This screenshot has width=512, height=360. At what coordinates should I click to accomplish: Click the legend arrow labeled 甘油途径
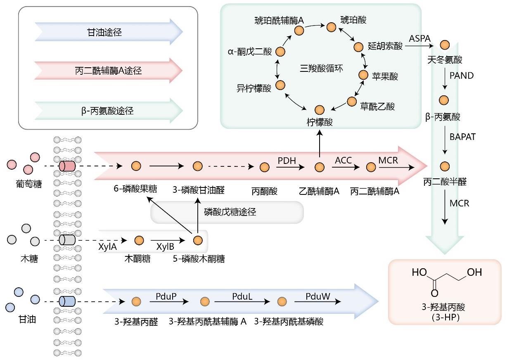point(108,32)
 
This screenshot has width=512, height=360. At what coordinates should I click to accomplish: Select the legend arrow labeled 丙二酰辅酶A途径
point(108,71)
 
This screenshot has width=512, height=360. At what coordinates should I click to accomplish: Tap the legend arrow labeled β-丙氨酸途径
point(108,111)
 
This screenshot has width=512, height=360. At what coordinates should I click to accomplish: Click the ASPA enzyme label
point(420,38)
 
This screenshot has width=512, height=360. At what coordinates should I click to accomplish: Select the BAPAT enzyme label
point(462,137)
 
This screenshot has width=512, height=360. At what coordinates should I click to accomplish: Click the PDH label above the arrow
point(287,160)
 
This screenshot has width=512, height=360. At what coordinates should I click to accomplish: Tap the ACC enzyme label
point(343,160)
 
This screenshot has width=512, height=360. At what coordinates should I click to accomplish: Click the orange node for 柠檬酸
point(320,110)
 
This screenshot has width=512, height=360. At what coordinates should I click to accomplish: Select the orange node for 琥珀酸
point(331,27)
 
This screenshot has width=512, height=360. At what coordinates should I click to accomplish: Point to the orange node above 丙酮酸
point(265,167)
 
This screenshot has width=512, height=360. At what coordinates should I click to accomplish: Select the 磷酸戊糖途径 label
point(230,212)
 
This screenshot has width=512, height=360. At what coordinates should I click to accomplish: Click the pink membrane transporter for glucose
point(67,166)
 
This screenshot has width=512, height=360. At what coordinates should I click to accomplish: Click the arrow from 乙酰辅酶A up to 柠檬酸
point(320,144)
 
